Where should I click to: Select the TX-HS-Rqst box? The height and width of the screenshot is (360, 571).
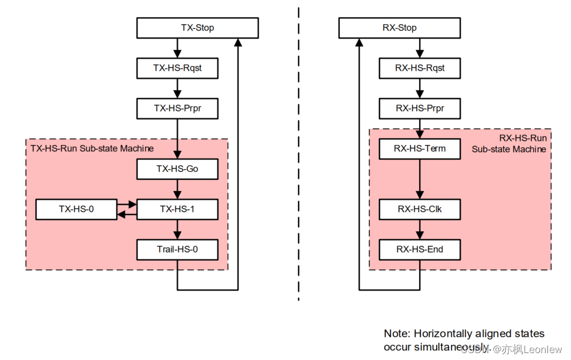tap(177, 68)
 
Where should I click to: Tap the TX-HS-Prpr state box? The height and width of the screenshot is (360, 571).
tap(177, 108)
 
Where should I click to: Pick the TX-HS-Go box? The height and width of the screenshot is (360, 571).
tap(177, 169)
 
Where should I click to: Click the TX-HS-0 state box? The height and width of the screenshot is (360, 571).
tap(76, 209)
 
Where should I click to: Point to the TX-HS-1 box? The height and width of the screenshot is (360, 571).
tap(177, 209)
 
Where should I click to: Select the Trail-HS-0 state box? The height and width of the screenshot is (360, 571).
tap(177, 250)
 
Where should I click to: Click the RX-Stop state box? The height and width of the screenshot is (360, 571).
tap(399, 28)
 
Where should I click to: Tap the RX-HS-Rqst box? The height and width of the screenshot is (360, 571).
tap(420, 68)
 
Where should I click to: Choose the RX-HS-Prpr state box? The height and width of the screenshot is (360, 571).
tap(420, 108)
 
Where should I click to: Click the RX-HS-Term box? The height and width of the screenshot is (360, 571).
tap(420, 148)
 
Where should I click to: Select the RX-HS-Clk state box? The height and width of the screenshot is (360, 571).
tap(420, 209)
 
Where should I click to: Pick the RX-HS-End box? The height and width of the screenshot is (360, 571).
tap(420, 250)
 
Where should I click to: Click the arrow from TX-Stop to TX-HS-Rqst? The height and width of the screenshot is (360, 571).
tap(178, 47)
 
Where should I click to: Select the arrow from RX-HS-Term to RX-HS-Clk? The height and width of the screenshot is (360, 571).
tap(420, 179)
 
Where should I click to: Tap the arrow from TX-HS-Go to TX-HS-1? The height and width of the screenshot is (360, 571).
tap(178, 189)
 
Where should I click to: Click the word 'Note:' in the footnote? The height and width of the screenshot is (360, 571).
tap(396, 334)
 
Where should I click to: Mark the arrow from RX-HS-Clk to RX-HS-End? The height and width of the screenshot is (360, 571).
tap(420, 229)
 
